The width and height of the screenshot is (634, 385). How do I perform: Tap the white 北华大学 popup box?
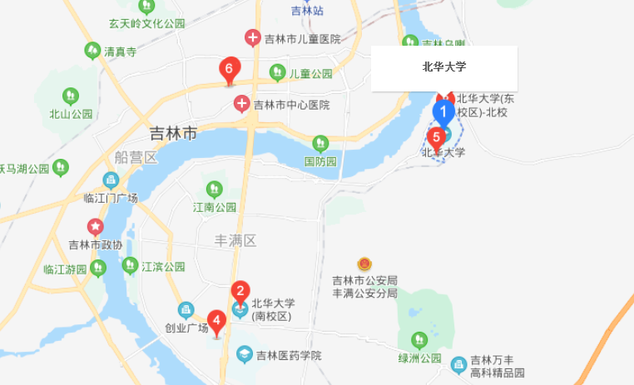[444, 68]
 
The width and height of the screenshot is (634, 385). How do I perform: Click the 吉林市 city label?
[173, 133]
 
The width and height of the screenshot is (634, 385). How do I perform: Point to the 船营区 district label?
[136, 157]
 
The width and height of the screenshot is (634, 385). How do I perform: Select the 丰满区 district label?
[236, 240]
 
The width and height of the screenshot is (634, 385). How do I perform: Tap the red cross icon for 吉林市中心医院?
[241, 105]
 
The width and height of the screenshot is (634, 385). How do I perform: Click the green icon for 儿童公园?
[278, 73]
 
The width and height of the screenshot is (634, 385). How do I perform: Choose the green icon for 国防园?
[320, 144]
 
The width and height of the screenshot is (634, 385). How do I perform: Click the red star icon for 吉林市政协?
[96, 226]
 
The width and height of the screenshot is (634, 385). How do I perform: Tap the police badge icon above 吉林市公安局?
[364, 264]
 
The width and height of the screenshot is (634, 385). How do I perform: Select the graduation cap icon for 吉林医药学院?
[245, 355]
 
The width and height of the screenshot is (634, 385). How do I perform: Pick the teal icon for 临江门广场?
[111, 180]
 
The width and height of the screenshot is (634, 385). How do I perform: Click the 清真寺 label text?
[120, 51]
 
